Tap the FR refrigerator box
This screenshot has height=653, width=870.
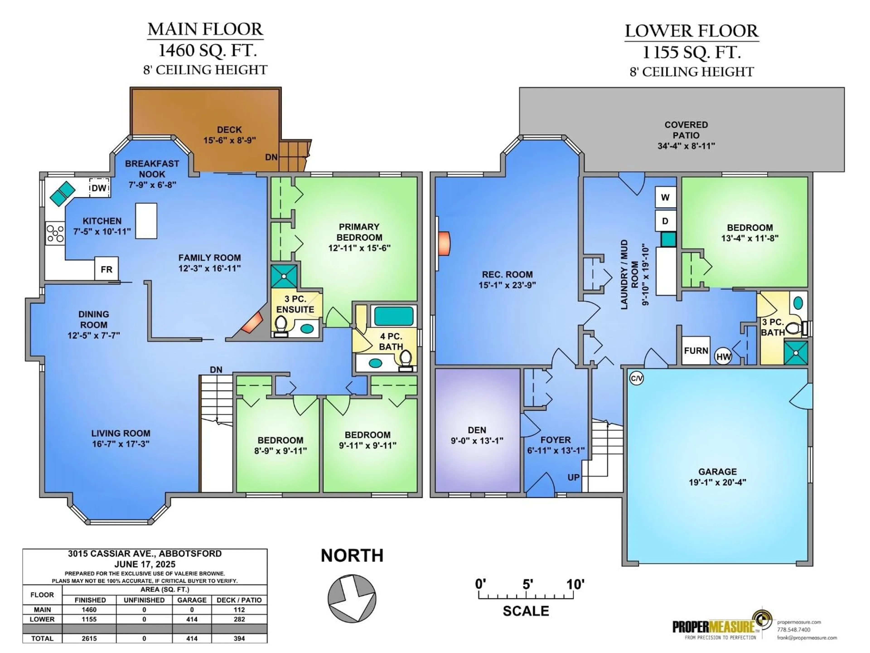click(x=106, y=269)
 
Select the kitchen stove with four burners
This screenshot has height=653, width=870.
click(x=55, y=233)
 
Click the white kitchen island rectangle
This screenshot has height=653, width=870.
click(x=146, y=221)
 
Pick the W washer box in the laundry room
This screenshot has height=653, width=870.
click(x=665, y=197)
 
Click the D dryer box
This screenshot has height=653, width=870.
click(x=665, y=221)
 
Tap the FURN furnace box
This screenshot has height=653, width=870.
click(x=696, y=350)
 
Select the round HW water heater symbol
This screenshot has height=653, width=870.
click(x=723, y=357)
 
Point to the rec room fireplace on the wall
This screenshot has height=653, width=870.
click(x=443, y=244)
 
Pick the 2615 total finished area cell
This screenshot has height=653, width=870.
click(x=89, y=638)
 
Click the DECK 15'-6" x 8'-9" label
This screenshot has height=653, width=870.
click(x=229, y=135)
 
